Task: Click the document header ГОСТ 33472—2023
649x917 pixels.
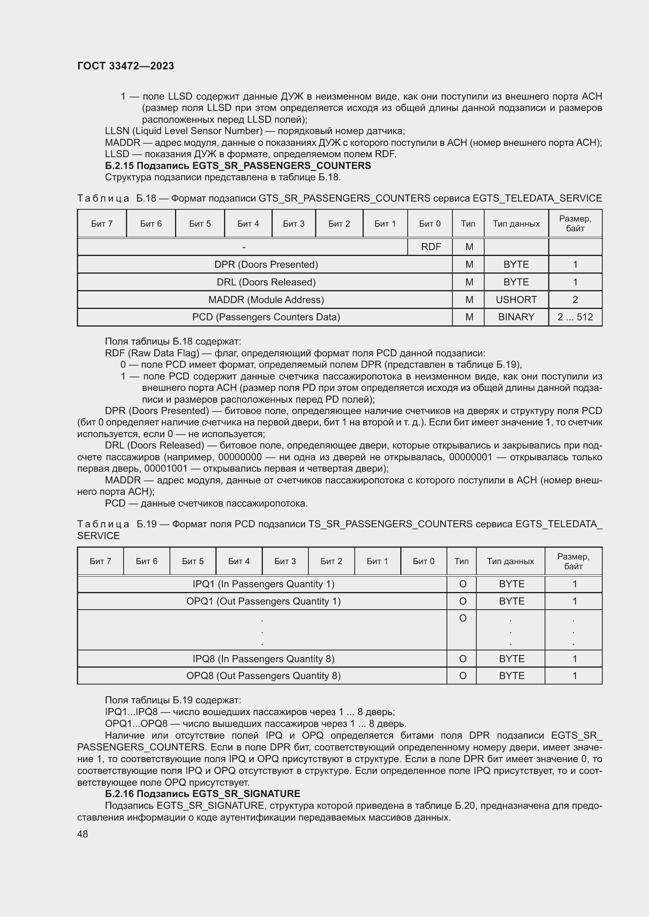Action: click(x=126, y=66)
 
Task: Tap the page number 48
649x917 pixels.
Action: click(x=83, y=834)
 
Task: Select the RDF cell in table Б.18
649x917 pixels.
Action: click(x=430, y=247)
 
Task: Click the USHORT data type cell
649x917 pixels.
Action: click(x=516, y=300)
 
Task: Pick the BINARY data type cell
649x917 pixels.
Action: click(x=516, y=317)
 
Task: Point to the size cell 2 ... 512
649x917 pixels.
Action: click(x=575, y=317)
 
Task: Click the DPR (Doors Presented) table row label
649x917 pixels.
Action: click(x=266, y=264)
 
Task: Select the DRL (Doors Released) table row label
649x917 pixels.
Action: click(x=266, y=282)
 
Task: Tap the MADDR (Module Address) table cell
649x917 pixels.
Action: click(x=266, y=300)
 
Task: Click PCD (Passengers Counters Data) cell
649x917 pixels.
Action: click(x=266, y=317)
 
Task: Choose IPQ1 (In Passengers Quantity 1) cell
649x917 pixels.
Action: click(x=263, y=584)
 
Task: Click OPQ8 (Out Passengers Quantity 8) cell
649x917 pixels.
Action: click(x=263, y=675)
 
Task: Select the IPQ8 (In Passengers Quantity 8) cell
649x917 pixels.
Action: click(x=263, y=659)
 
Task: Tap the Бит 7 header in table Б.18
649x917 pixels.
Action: click(x=102, y=223)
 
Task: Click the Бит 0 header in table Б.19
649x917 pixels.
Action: click(x=423, y=561)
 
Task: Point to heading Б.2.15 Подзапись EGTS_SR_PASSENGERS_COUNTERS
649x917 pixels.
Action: click(x=238, y=166)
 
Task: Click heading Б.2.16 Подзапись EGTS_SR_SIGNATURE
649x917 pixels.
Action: click(x=202, y=794)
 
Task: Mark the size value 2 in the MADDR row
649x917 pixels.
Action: click(x=575, y=300)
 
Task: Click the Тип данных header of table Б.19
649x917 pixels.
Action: click(x=510, y=561)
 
